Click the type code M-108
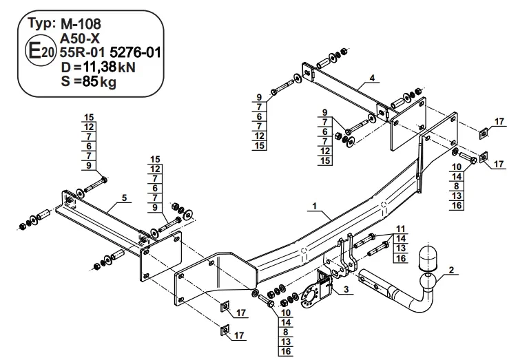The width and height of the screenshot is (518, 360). pos(81,24)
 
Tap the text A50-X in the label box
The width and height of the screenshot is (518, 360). pos(80,39)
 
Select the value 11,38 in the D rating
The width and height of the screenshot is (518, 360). pos(99,67)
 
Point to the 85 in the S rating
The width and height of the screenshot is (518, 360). pos(90,81)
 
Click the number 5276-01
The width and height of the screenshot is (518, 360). pos(135,52)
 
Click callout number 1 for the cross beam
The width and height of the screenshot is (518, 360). pos(315,207)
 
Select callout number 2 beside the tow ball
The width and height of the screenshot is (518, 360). pos(451,270)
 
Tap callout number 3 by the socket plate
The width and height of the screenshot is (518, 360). pos(346,289)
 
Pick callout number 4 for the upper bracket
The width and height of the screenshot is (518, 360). pos(372,78)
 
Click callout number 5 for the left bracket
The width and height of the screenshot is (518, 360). pos(124,198)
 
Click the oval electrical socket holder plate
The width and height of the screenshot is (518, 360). pos(311,295)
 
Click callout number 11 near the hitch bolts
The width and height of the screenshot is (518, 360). pos(401,229)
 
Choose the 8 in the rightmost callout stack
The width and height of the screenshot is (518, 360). pos(457,186)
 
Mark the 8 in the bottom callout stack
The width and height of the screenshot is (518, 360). pos(286,332)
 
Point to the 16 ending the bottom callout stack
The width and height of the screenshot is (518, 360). pos(286,351)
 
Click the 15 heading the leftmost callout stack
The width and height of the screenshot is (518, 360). pos(89,117)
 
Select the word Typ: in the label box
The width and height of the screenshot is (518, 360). pos(41,24)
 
